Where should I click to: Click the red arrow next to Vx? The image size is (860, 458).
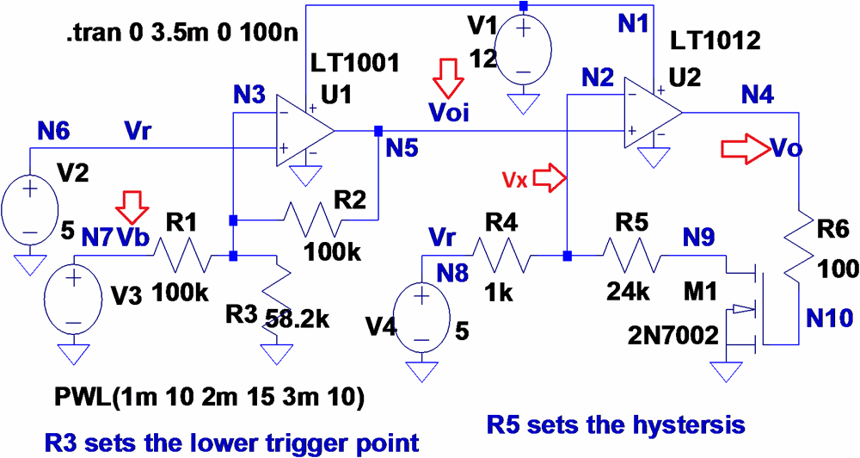pyautogui.click(x=550, y=179)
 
